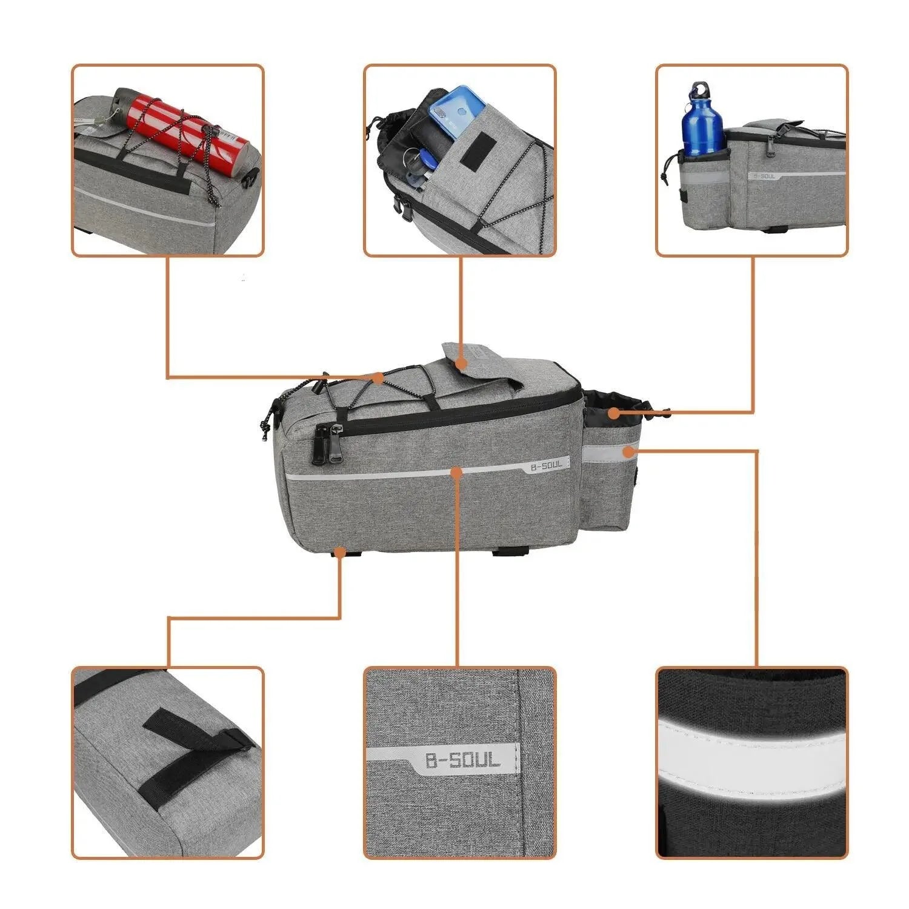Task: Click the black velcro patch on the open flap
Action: (478, 148)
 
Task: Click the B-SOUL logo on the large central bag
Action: (546, 465)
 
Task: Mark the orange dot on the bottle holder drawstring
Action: (614, 414)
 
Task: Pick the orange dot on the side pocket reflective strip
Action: (629, 451)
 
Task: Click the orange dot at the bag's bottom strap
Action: (340, 552)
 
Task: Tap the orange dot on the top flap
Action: (461, 364)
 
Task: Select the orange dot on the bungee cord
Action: (378, 378)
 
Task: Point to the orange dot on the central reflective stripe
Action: (457, 471)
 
